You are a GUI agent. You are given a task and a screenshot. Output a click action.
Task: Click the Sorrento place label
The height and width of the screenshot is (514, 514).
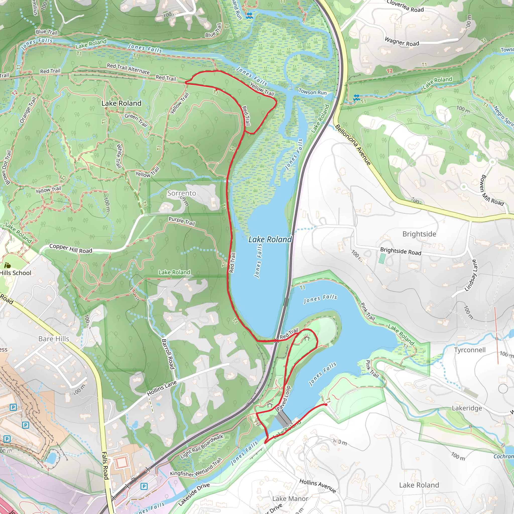[181, 193]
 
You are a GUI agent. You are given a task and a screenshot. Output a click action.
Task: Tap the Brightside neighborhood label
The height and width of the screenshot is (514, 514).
[419, 234]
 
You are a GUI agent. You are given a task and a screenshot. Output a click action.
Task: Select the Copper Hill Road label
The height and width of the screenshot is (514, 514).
[71, 248]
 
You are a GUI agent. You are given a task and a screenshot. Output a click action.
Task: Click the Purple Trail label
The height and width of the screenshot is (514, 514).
[182, 221]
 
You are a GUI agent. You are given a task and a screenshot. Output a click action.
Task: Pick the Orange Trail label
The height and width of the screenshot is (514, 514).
[28, 110]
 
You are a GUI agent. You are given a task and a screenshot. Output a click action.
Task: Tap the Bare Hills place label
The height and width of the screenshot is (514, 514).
[54, 339]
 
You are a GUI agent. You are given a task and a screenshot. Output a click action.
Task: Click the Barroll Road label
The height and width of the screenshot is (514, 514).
[168, 354]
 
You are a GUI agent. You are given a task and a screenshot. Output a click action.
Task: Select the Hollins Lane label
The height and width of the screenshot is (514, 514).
[162, 388]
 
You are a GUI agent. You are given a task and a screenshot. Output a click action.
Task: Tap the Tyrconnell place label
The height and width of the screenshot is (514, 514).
[470, 350]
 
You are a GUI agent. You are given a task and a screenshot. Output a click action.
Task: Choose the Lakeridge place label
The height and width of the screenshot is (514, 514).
[467, 408]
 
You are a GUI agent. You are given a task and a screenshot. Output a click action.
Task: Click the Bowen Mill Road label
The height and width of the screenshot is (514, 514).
[492, 190]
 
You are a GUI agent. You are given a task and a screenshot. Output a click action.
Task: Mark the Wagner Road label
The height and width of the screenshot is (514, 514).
[402, 42]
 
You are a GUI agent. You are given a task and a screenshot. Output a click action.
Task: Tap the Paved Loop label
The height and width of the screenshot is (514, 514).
[284, 398]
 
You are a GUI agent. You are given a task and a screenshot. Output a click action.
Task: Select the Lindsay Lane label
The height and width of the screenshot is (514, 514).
[471, 275]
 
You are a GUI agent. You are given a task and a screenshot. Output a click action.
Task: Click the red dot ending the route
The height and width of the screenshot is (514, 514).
[326, 405]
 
